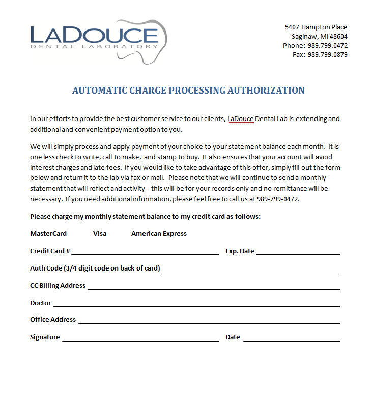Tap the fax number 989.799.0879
327,55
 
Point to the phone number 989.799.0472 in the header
327,46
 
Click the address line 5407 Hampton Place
316,27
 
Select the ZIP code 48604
338,37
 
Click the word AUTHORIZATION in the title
266,91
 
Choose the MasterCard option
48,234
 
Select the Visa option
100,234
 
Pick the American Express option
159,234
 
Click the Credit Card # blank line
145,252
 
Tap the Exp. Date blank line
298,252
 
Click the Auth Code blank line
251,271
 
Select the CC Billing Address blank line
214,287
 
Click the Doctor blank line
196,305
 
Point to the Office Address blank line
209,321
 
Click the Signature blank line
140,339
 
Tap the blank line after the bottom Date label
291,339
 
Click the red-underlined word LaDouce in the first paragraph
240,119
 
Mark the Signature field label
45,337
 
